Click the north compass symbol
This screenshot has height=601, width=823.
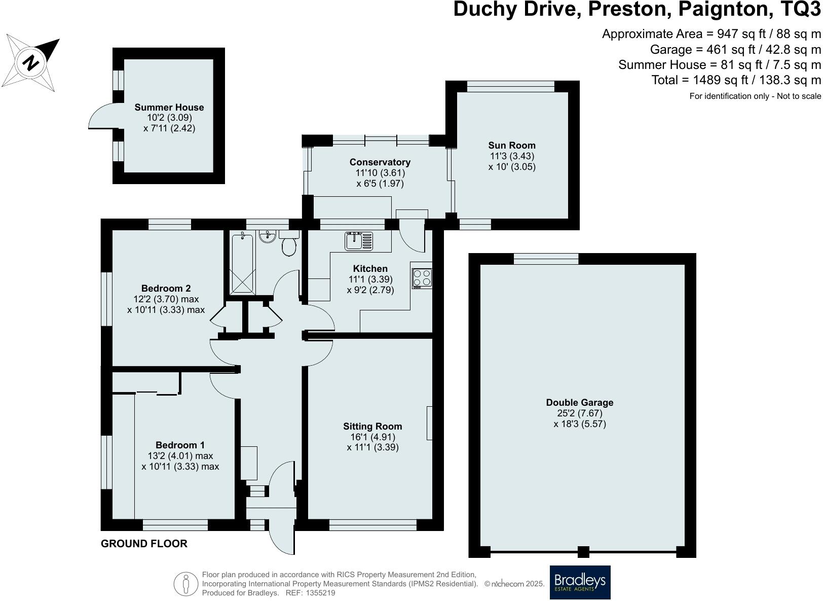[30, 62]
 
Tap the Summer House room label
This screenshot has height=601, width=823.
[169, 108]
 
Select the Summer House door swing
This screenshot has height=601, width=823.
[100, 116]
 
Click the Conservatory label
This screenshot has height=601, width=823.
[380, 162]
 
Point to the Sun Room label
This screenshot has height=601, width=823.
[512, 145]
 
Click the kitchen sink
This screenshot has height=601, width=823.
[359, 241]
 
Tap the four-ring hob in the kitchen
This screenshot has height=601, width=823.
[422, 278]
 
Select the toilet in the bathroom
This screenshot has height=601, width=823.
[289, 242]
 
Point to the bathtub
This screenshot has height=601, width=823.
[242, 263]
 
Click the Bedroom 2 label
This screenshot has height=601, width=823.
[166, 289]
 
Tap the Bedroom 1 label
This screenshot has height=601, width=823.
[180, 445]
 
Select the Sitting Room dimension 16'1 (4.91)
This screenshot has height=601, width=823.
[372, 437]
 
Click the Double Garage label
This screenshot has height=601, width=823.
[580, 402]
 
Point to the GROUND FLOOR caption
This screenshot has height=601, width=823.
[144, 544]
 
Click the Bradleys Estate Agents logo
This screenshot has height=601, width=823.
[580, 583]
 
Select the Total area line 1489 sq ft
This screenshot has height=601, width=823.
[736, 80]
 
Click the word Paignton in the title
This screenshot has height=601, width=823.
[724, 9]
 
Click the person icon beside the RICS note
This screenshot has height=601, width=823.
[186, 584]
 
